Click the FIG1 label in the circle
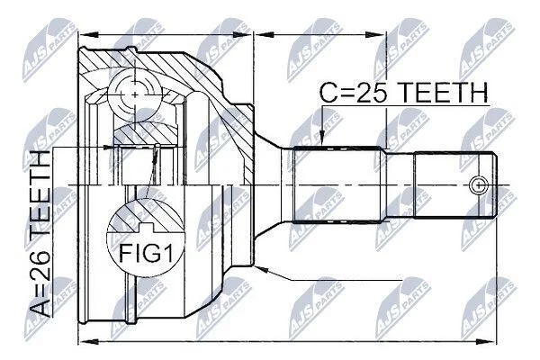[x=146, y=254]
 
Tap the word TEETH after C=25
[x=445, y=93]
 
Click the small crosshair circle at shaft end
[x=479, y=185]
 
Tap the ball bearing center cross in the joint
[x=135, y=94]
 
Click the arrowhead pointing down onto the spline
[x=321, y=138]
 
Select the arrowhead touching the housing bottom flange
[x=261, y=269]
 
